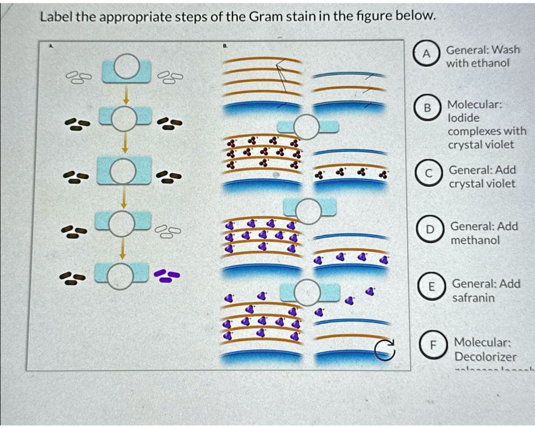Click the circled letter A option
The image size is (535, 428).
click(426, 54)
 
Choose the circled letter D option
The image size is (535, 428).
click(429, 229)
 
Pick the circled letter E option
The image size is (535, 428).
click(431, 287)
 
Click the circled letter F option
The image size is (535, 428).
click(432, 345)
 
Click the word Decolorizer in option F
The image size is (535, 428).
click(485, 357)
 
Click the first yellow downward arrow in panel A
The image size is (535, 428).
click(125, 96)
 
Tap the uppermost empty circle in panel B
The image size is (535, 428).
click(307, 127)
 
